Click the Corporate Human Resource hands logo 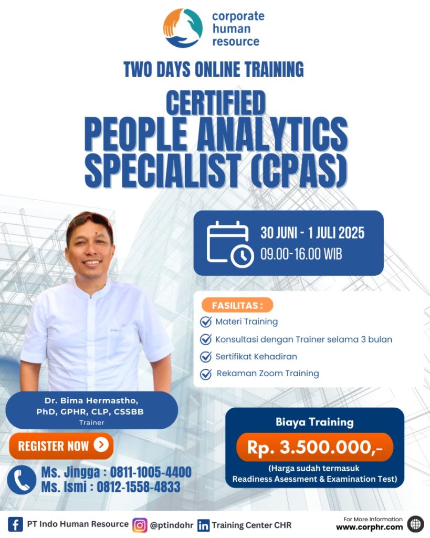tap(182, 28)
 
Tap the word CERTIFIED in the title tap(216, 102)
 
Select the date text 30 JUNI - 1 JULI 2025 tap(312, 233)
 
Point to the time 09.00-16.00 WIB tap(301, 254)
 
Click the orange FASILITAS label tap(237, 305)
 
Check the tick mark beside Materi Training tap(206, 322)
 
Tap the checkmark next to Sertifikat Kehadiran tap(206, 357)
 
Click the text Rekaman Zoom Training tap(267, 374)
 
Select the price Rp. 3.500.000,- tap(314, 447)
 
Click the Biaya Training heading tap(314, 422)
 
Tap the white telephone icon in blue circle tap(22, 480)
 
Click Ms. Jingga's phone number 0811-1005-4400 tap(151, 472)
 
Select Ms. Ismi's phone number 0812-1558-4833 tap(139, 487)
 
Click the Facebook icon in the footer tap(15, 525)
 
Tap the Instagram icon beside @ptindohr tap(140, 525)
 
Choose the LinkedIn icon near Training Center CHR tap(203, 525)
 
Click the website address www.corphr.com tap(369, 527)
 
